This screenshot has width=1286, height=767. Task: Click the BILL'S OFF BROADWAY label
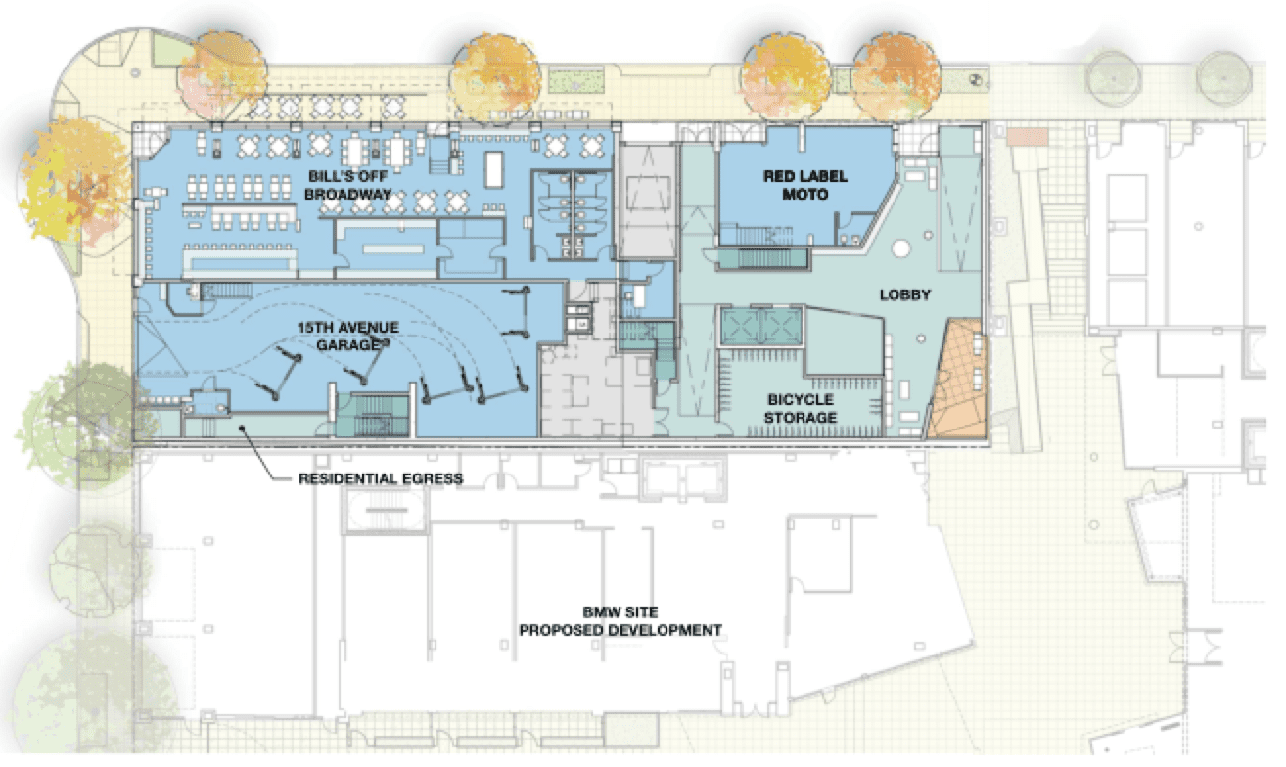[348, 185]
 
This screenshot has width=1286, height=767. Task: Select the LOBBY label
[905, 295]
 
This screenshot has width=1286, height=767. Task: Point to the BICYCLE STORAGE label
[801, 408]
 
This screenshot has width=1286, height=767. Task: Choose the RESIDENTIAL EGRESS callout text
[381, 478]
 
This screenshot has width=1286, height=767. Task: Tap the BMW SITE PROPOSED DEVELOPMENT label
[620, 621]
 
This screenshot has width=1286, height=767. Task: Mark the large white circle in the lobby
[900, 248]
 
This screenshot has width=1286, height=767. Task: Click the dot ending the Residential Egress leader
[243, 428]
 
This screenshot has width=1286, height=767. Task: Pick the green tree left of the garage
[80, 425]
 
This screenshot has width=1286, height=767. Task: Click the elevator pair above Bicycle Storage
[761, 326]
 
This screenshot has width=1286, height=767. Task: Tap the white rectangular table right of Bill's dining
[493, 169]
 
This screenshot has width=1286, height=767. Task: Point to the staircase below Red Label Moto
[763, 259]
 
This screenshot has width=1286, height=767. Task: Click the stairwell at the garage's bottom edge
[373, 415]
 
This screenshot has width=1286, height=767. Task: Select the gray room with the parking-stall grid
[596, 390]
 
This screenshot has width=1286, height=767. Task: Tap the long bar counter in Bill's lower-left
[241, 262]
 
